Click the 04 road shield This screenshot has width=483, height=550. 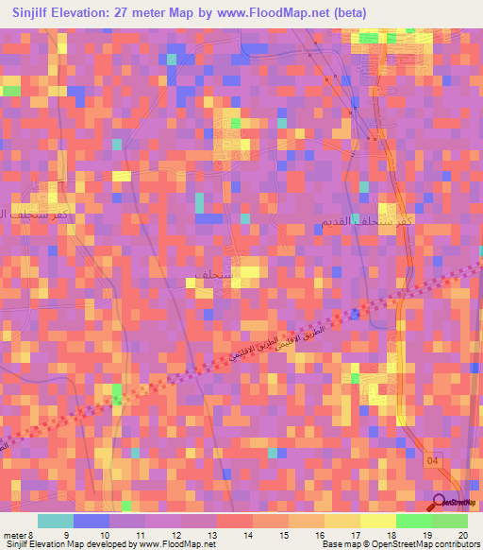tap(431, 460)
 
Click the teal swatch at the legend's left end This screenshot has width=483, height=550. tap(55, 521)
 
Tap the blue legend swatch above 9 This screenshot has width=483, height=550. tap(91, 521)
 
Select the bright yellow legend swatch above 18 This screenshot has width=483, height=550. tap(378, 521)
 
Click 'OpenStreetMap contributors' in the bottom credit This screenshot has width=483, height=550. tap(435, 544)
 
